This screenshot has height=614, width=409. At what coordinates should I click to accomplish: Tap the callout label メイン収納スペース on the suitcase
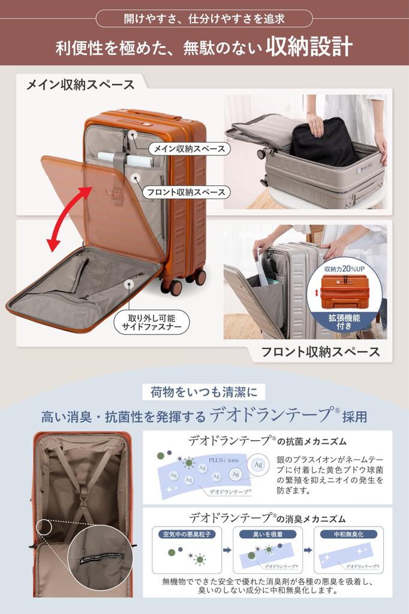click(189, 148)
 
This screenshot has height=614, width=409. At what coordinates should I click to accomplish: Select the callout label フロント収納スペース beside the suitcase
click(187, 192)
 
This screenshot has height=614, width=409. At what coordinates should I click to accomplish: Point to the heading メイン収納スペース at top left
click(80, 84)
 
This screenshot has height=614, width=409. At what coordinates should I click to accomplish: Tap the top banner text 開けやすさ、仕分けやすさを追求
click(204, 18)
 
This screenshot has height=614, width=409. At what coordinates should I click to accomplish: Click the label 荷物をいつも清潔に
click(204, 393)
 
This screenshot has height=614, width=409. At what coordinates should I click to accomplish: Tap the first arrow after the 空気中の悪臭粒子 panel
click(227, 549)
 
